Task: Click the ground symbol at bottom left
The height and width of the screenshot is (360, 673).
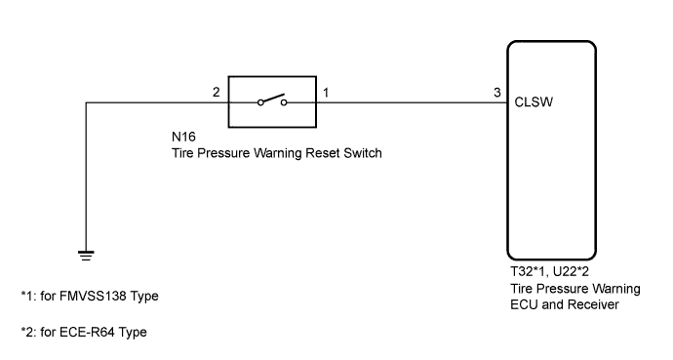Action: pos(87,255)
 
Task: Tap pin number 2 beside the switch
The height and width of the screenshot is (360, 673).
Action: pos(217,92)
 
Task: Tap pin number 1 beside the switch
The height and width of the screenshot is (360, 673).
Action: pos(326,92)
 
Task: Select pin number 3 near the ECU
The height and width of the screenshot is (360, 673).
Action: pos(497,92)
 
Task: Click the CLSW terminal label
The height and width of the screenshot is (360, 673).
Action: pos(535,100)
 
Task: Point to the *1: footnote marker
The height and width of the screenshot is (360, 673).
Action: pos(29,296)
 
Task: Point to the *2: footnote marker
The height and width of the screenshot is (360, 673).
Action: pos(29,331)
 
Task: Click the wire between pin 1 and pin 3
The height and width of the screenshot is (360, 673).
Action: pos(410,100)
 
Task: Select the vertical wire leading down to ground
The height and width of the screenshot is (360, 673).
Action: pos(87,176)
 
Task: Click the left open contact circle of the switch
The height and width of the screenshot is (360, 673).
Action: pos(261,101)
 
